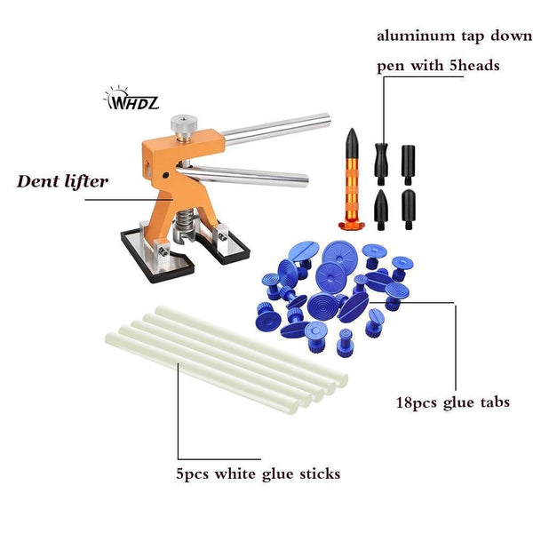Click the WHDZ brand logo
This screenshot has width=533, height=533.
coord(131,98)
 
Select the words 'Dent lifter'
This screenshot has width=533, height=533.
coord(62,181)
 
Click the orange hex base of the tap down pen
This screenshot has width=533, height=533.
coord(352,225)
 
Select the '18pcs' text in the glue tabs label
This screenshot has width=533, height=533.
coord(417,403)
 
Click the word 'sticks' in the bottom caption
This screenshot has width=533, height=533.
coord(320,473)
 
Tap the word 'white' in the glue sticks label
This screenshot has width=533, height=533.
coord(235,473)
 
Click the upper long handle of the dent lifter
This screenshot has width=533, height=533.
coord(276,129)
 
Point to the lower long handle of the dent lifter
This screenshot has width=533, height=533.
coord(244,175)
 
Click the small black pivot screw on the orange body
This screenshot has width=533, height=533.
coord(166,175)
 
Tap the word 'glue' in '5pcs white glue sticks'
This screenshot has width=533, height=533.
coord(277,474)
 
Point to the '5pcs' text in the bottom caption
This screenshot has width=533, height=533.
coord(193,474)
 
